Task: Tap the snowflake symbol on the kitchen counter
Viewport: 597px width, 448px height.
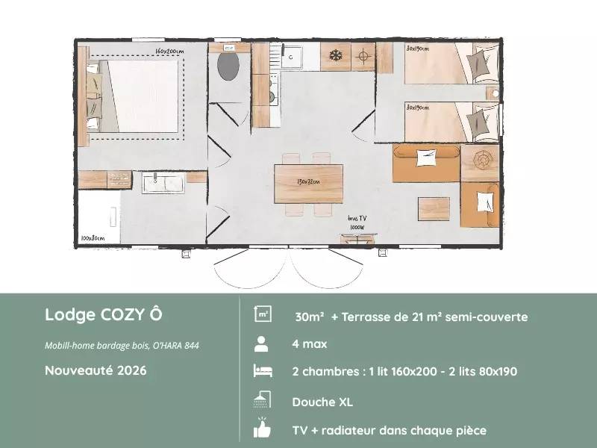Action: click(336, 56)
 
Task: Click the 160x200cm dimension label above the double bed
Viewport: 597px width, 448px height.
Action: click(169, 50)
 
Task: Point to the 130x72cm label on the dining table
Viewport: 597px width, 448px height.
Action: click(309, 181)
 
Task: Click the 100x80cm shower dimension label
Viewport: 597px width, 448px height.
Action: click(93, 239)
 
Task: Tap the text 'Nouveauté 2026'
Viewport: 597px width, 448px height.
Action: click(96, 370)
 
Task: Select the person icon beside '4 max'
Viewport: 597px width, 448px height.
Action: click(261, 344)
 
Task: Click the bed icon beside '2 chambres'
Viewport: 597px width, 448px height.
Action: click(261, 372)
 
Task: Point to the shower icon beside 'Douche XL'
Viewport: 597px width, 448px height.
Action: click(261, 401)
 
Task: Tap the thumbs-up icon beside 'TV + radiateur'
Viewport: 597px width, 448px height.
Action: click(261, 429)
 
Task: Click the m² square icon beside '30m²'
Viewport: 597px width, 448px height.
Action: click(262, 315)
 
